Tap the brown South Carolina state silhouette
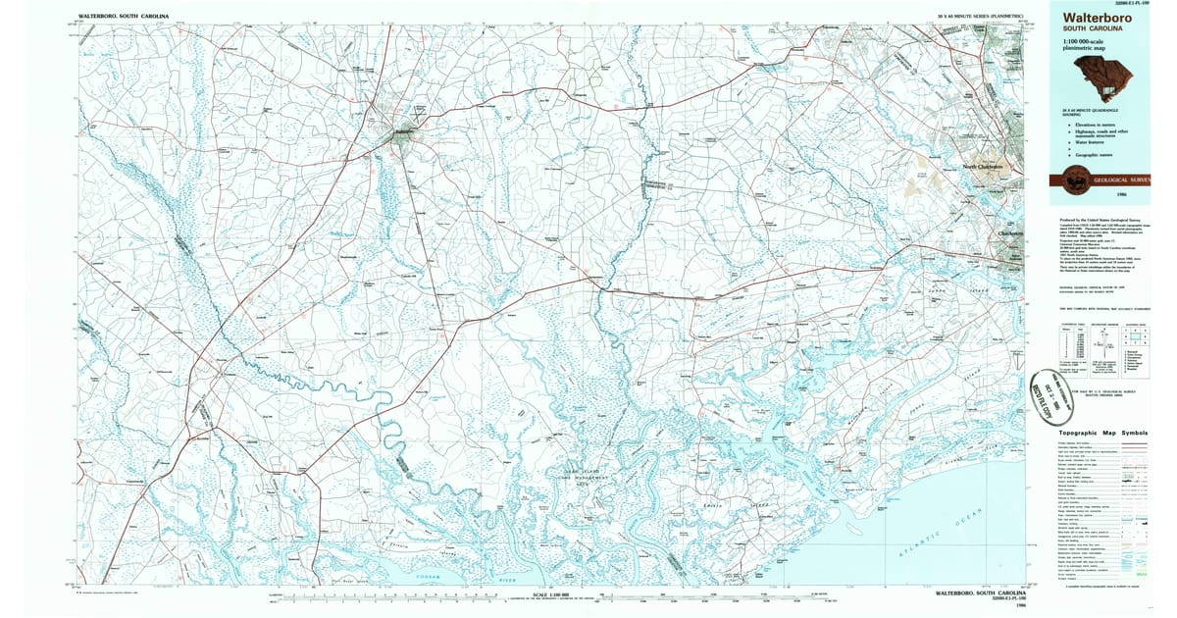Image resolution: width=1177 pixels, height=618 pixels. point(1102,76)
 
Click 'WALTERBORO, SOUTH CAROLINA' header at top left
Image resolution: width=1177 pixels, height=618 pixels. point(124,17)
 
